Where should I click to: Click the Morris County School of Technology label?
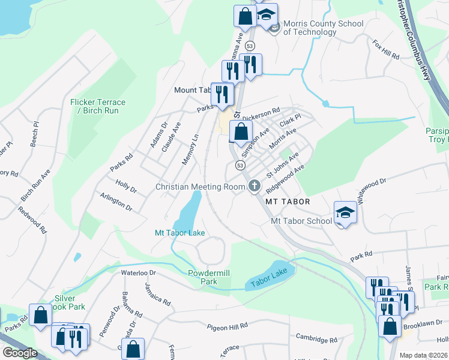click(323, 28)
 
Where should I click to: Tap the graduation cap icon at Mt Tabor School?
click(345, 212)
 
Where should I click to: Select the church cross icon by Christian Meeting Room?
click(255, 187)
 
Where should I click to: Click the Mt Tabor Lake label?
click(180, 232)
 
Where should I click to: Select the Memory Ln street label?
click(194, 147)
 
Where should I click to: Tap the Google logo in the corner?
click(19, 352)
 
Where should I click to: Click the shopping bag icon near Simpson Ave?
click(241, 132)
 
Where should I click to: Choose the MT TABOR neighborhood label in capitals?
click(288, 202)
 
